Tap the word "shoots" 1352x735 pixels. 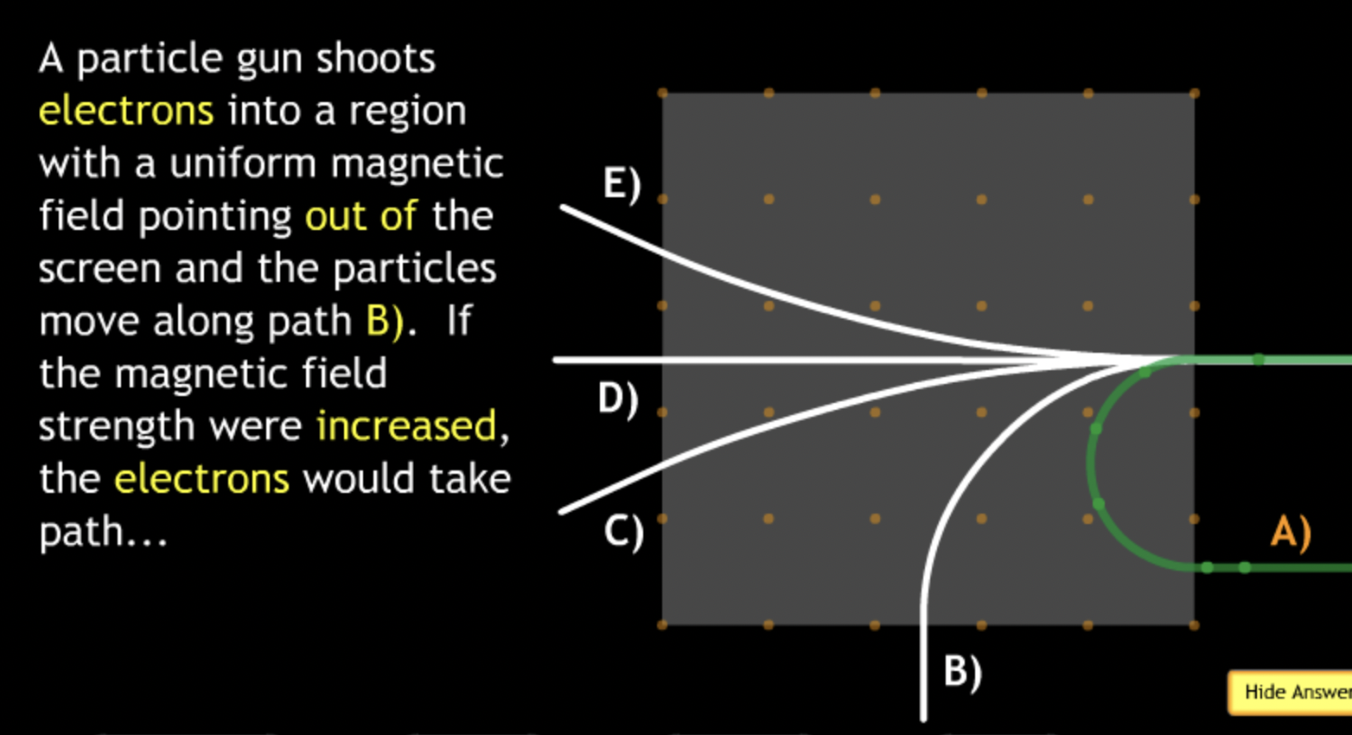[x=375, y=59]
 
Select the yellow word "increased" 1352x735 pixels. [x=406, y=426]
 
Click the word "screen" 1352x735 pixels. [x=99, y=269]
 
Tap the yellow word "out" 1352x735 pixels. [x=336, y=216]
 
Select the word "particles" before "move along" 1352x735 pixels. [x=414, y=269]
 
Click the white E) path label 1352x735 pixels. [x=622, y=184]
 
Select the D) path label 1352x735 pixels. [x=618, y=399]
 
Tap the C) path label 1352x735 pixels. [x=623, y=531]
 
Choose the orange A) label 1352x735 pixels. [x=1291, y=531]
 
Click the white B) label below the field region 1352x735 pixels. [x=962, y=672]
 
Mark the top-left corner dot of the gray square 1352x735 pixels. [x=663, y=93]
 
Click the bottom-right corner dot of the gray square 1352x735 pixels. [x=1195, y=624]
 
